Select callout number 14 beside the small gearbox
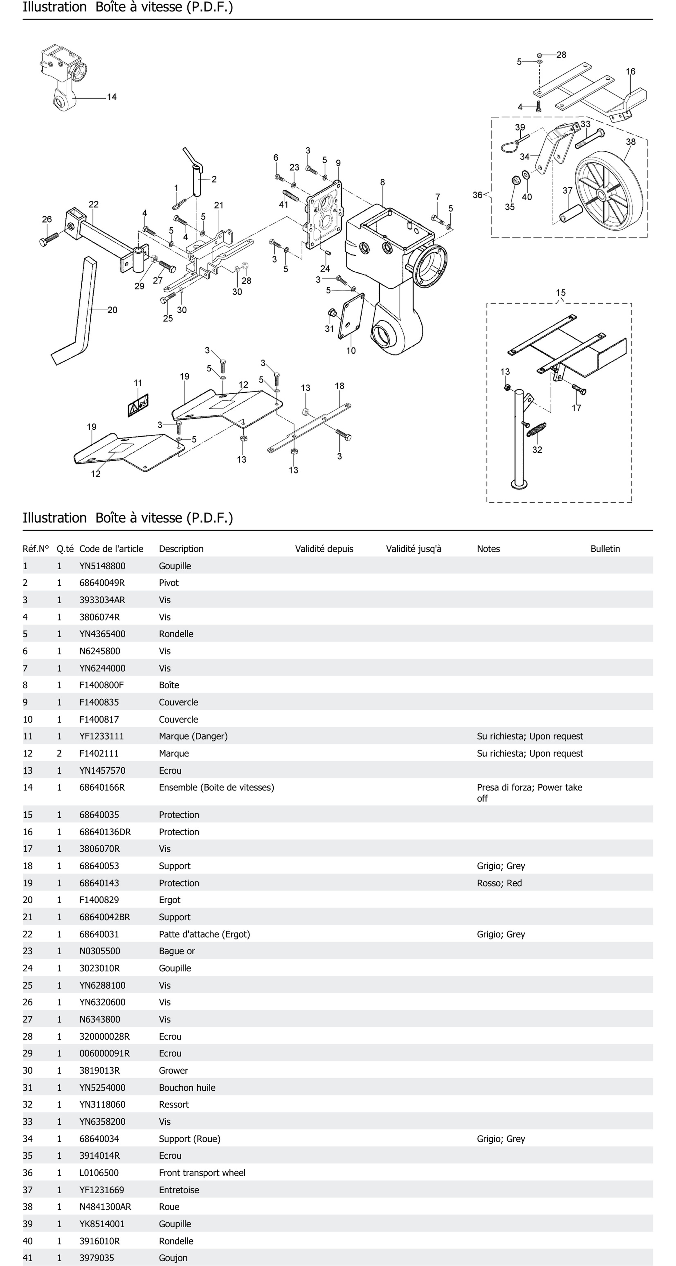tap(112, 97)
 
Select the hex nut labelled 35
tap(516, 180)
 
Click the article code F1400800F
tap(101, 685)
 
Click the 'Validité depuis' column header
tap(324, 549)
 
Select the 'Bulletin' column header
tap(605, 549)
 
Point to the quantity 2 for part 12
tap(60, 754)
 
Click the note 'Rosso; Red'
tap(499, 883)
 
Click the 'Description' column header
tap(181, 549)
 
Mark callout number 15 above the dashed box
tap(560, 293)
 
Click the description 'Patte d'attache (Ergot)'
tap(204, 934)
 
